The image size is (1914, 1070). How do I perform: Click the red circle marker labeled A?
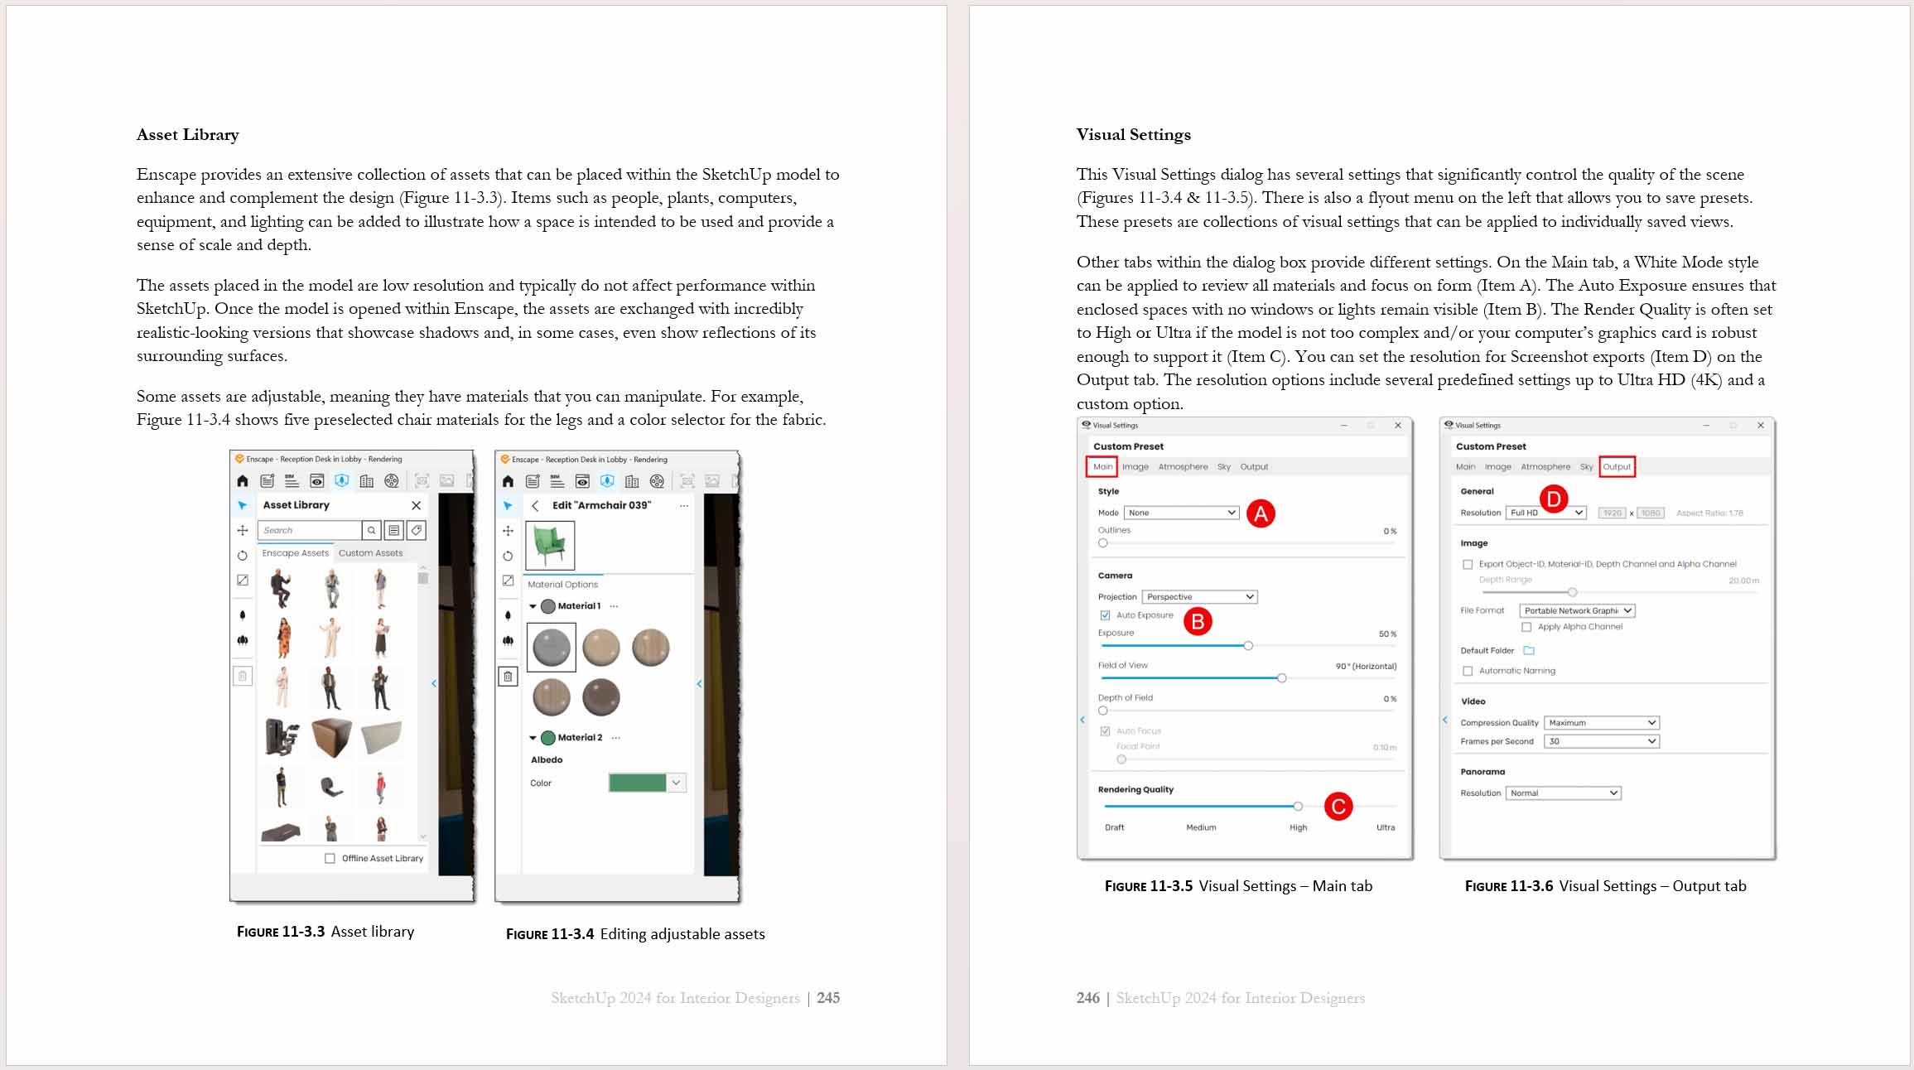coord(1261,513)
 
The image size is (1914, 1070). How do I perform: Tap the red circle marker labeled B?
coord(1198,621)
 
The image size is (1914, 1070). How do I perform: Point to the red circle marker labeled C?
coord(1338,807)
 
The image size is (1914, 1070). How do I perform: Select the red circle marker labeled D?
coord(1554,499)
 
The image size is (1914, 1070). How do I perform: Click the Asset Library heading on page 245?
coord(188,135)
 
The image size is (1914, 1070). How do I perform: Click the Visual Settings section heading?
coord(1133,135)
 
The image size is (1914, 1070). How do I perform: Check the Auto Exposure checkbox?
coord(1105,615)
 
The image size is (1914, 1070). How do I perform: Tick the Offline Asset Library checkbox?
coord(330,858)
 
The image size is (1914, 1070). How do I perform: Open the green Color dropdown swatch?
coord(647,783)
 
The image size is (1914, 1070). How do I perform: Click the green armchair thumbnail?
coord(550,544)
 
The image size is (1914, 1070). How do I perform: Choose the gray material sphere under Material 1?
coord(552,648)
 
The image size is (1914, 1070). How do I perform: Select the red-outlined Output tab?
coord(1616,467)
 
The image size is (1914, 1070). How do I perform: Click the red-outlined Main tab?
coord(1102,467)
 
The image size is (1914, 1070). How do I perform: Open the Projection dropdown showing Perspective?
coord(1199,597)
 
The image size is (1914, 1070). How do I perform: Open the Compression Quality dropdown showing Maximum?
coord(1601,723)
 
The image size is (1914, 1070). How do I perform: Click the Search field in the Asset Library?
coord(309,530)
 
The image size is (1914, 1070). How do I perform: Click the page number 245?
coord(827,998)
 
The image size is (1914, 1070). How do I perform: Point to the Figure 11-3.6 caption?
coord(1604,886)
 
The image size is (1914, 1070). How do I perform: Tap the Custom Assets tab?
coord(370,553)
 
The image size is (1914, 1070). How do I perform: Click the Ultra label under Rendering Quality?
coord(1385,827)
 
